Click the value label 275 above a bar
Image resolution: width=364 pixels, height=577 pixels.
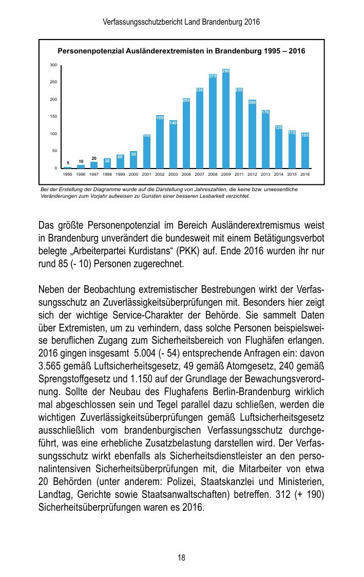coord(213,77)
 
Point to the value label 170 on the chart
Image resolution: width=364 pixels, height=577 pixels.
coord(265,112)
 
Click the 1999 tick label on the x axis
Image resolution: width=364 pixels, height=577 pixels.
coord(120,175)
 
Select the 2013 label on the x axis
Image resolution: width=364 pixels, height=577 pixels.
coord(265,175)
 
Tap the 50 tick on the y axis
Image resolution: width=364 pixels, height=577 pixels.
coord(54,151)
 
